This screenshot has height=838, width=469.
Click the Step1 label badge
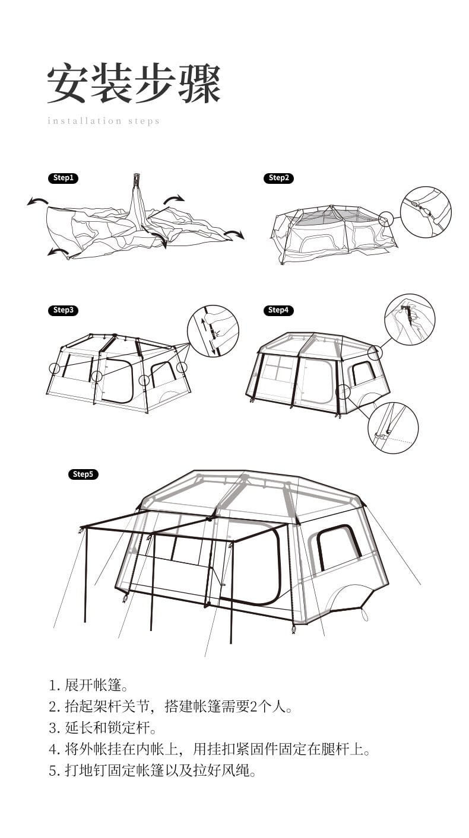pyautogui.click(x=63, y=178)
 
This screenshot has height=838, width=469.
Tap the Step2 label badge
pyautogui.click(x=278, y=178)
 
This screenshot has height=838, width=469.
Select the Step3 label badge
pyautogui.click(x=63, y=310)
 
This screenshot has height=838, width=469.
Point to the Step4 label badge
pyautogui.click(x=278, y=310)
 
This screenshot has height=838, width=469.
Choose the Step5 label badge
pyautogui.click(x=83, y=474)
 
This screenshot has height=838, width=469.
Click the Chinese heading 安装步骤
pyautogui.click(x=134, y=84)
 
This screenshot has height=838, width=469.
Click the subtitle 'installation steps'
pyautogui.click(x=104, y=121)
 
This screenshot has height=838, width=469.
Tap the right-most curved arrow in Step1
pyautogui.click(x=234, y=234)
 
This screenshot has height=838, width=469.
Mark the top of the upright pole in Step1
pyautogui.click(x=137, y=175)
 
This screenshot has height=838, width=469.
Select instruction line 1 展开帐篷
pyautogui.click(x=88, y=686)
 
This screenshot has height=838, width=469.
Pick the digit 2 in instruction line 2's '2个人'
pyautogui.click(x=253, y=707)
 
